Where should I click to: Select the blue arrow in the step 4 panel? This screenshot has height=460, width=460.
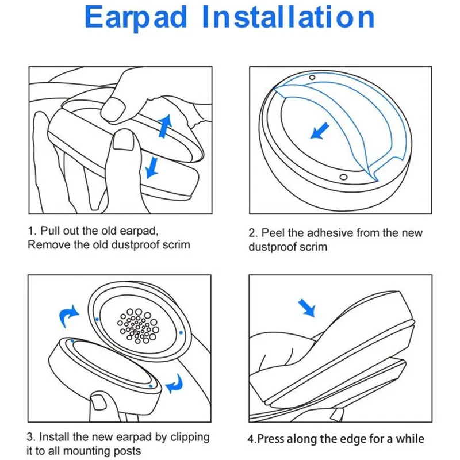point(308,308)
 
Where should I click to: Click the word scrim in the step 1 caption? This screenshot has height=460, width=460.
point(175,244)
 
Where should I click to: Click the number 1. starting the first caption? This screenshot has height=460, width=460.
point(32,231)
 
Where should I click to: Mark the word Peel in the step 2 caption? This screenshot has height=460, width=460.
point(273,233)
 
